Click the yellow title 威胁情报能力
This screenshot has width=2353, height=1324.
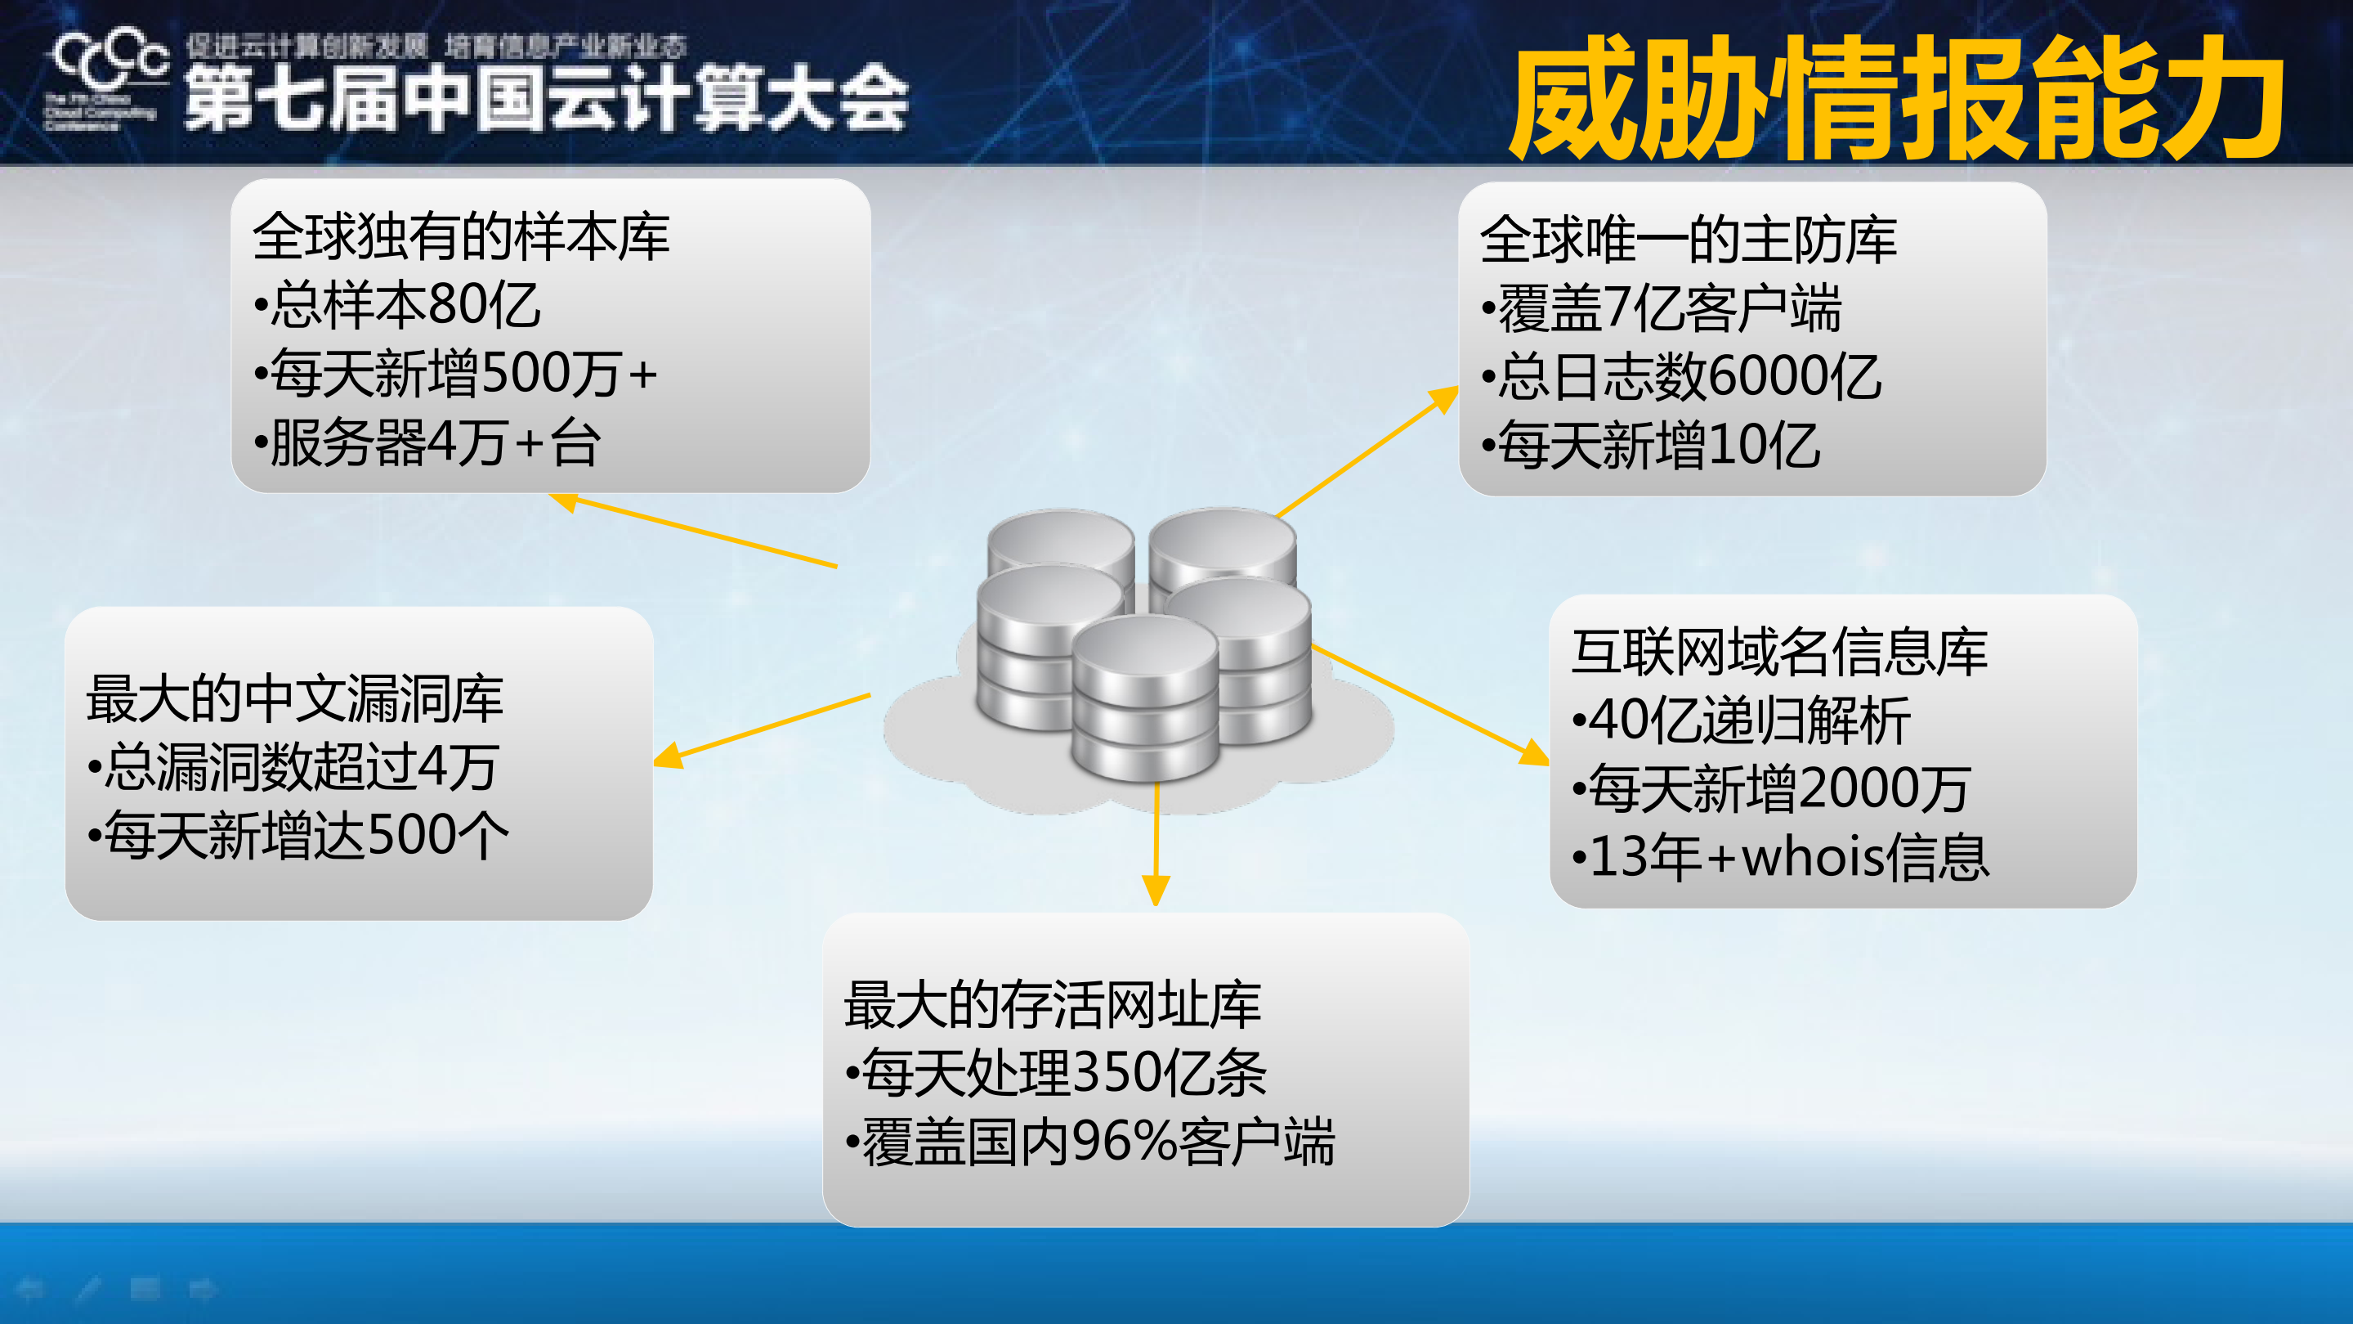point(1895,99)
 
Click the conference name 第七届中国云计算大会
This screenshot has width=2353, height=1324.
point(546,99)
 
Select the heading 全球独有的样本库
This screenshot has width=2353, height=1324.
point(461,236)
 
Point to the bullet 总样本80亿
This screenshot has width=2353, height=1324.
point(399,305)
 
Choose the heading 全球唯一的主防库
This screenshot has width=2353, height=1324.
point(1688,240)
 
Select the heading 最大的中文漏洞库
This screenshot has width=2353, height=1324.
point(294,699)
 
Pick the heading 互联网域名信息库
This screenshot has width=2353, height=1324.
point(1779,653)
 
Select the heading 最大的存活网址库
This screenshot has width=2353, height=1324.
point(1053,1005)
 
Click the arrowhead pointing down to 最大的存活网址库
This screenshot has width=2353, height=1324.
point(1156,889)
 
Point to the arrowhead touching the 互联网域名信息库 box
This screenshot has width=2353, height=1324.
point(1535,754)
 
